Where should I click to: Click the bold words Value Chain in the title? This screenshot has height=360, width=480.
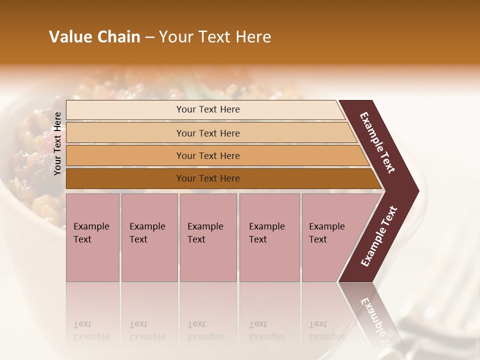click(x=94, y=37)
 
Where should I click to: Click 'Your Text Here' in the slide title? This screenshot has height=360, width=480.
click(x=215, y=37)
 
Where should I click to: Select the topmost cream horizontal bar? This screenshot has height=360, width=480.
click(x=207, y=109)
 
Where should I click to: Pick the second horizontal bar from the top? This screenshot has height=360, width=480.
click(x=207, y=133)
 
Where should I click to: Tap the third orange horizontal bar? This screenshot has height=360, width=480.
click(x=207, y=155)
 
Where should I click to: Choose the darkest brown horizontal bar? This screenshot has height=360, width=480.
click(x=207, y=178)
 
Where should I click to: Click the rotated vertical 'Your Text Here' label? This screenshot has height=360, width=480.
click(x=57, y=143)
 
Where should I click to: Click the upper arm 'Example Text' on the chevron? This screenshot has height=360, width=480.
click(x=377, y=142)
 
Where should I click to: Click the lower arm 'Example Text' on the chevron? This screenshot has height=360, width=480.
click(x=379, y=236)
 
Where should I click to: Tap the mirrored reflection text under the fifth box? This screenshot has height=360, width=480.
click(x=326, y=330)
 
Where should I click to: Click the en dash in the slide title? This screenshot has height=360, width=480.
click(x=149, y=37)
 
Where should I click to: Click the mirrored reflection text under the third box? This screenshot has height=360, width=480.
click(x=205, y=330)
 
